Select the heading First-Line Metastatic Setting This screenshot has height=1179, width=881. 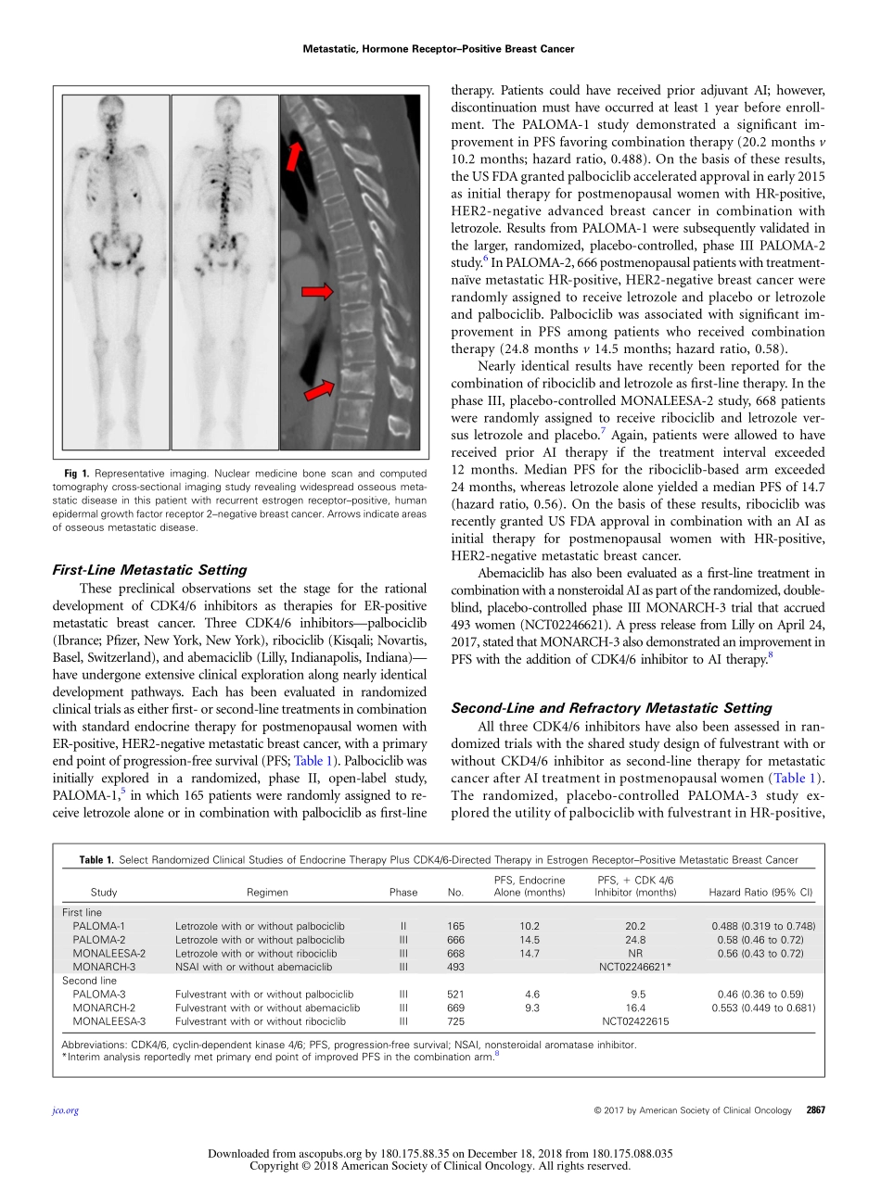149,570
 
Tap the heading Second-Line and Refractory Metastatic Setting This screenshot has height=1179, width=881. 611,708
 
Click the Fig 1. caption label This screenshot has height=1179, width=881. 76,475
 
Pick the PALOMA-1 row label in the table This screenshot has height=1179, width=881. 98,926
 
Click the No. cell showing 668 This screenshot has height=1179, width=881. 455,953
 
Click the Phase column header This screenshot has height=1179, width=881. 403,893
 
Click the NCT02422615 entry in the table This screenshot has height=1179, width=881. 636,1021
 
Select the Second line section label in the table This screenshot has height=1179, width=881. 90,980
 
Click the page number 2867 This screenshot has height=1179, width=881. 815,1109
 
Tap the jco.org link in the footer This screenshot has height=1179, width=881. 66,1110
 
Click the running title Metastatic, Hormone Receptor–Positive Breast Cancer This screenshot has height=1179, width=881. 439,49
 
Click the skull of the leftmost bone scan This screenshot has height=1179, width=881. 109,107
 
